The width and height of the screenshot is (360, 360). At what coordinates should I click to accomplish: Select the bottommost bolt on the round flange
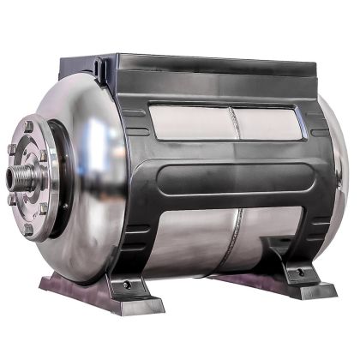point(28,230)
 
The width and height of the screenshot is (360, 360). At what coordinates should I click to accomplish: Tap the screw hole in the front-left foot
point(127,284)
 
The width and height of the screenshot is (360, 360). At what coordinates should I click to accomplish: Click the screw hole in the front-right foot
point(300,273)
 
